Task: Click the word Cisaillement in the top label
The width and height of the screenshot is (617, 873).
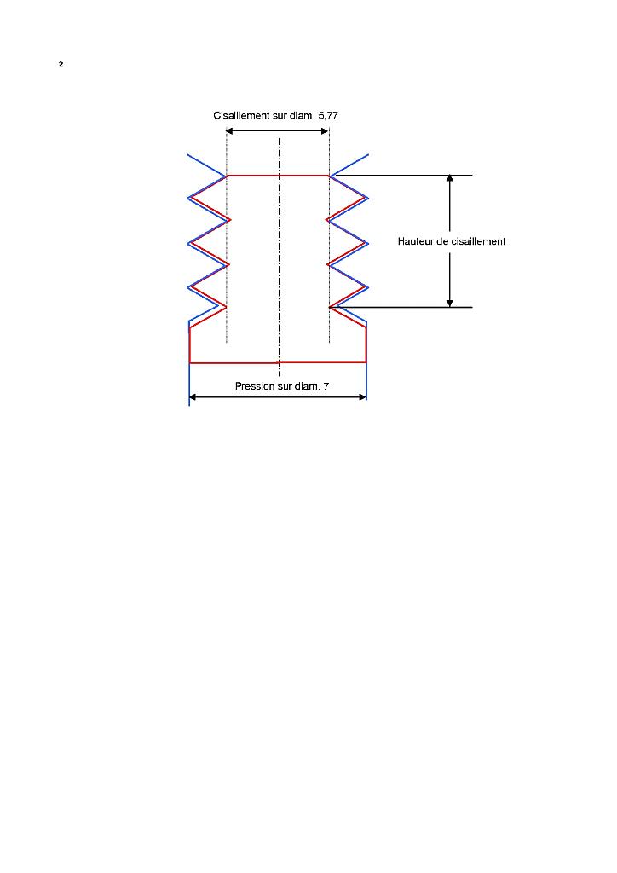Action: point(241,115)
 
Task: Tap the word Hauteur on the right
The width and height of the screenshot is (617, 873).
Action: point(416,241)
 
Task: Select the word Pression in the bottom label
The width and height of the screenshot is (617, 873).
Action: point(255,387)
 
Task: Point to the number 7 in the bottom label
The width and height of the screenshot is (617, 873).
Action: point(326,387)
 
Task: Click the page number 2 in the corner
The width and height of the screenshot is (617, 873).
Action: point(61,65)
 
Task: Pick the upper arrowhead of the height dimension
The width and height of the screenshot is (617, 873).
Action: point(450,181)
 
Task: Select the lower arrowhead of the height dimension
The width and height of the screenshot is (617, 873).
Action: point(450,302)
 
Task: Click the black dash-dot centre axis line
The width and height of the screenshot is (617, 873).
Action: point(279,256)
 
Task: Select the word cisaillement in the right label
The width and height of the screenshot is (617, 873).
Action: point(477,241)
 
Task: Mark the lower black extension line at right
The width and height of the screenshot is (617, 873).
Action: point(409,307)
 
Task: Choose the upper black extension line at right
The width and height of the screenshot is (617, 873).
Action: point(409,176)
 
